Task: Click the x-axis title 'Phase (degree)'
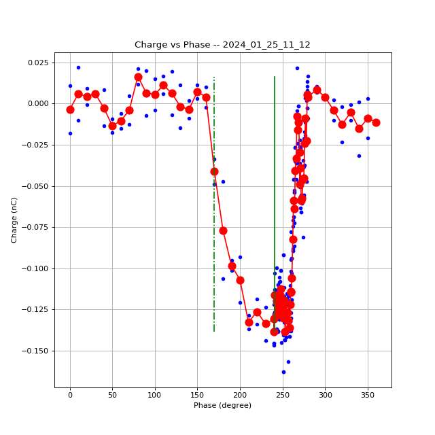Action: click(222, 405)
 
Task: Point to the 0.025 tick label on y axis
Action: click(37, 63)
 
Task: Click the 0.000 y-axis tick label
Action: click(37, 104)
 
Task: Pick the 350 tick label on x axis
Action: click(368, 394)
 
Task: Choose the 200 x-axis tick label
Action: click(240, 394)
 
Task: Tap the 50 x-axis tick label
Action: click(112, 394)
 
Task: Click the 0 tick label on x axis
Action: click(70, 394)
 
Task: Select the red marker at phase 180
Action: click(223, 230)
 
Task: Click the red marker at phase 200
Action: click(240, 280)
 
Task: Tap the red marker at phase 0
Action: click(70, 109)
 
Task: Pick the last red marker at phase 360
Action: click(376, 122)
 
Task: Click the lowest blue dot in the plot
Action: click(283, 372)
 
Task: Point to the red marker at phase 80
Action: click(138, 77)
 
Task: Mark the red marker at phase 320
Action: click(342, 124)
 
